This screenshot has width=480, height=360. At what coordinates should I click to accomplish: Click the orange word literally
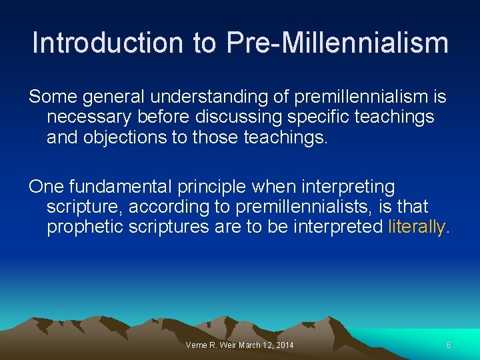[417, 227]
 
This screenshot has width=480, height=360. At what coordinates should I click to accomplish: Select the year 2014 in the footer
[283, 345]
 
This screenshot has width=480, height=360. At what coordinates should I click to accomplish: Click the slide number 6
[449, 345]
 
